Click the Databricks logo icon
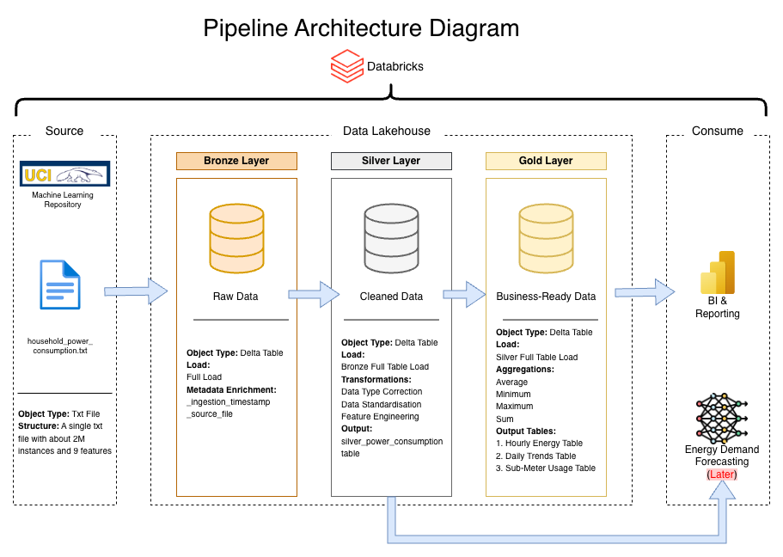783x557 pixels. click(x=347, y=66)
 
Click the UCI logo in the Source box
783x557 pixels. click(x=64, y=174)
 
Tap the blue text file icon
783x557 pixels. click(x=60, y=285)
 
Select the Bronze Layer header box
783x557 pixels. click(x=236, y=161)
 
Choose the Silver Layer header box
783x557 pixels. click(x=391, y=161)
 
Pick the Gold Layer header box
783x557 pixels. click(x=546, y=161)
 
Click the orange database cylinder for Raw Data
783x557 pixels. click(x=236, y=237)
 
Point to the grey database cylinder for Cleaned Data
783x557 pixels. click(x=391, y=237)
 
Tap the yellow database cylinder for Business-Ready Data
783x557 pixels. click(x=546, y=237)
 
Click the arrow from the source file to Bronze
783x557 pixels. click(x=136, y=291)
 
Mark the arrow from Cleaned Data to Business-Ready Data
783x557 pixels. click(x=465, y=294)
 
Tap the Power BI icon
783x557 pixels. click(x=718, y=272)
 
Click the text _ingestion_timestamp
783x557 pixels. click(x=227, y=402)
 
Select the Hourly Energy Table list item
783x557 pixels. click(x=539, y=444)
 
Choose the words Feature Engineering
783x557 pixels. click(x=380, y=416)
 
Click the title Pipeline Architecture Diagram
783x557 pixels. click(x=361, y=28)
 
